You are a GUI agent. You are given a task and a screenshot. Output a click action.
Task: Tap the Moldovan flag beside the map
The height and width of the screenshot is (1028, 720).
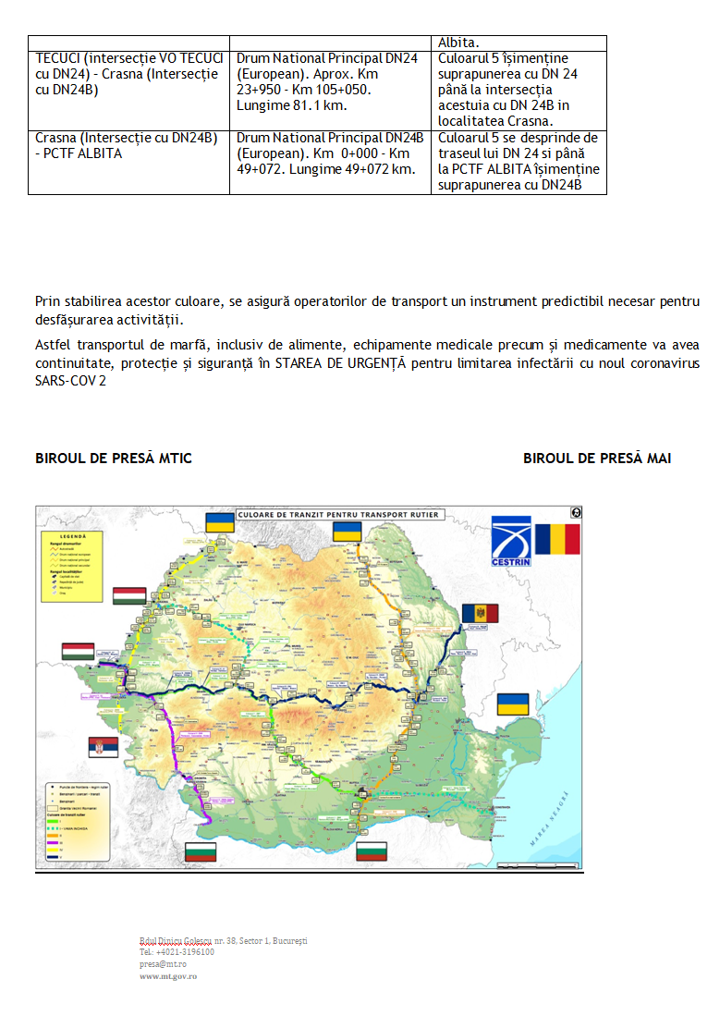pos(480,613)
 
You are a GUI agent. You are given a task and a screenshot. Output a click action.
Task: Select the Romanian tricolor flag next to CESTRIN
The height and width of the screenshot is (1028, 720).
pos(557,539)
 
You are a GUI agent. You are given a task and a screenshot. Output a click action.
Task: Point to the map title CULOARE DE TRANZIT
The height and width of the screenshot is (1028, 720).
pos(338,514)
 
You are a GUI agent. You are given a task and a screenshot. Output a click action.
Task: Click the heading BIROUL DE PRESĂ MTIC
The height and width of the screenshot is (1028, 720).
pos(114,459)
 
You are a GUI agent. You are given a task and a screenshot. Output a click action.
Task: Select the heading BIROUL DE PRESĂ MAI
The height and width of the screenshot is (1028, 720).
pos(597,459)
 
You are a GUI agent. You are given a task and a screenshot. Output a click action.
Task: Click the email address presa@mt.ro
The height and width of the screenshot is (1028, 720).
pos(160,962)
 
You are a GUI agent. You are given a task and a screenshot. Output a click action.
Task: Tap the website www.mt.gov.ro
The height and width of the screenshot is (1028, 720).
pos(168,975)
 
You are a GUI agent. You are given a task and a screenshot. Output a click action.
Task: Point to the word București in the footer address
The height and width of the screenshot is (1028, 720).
pos(283,940)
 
